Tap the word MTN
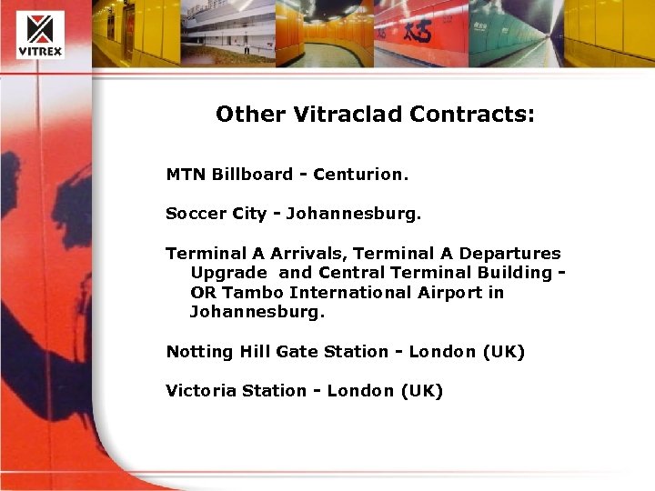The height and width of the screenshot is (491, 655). (x=186, y=174)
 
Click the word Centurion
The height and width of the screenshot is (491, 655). (x=358, y=174)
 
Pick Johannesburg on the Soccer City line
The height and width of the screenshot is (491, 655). (x=354, y=215)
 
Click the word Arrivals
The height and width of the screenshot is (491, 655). (x=305, y=254)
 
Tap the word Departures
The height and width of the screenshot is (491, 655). (x=510, y=254)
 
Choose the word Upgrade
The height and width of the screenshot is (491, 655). (x=228, y=273)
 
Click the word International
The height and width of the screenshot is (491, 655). (x=356, y=293)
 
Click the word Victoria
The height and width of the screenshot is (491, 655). (x=198, y=391)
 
